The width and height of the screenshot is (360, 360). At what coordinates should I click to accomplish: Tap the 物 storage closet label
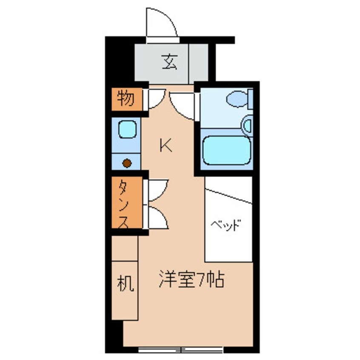click(x=126, y=99)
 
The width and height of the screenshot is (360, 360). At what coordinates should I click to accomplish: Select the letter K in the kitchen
click(x=166, y=146)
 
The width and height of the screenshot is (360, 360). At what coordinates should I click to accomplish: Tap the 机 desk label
click(x=126, y=283)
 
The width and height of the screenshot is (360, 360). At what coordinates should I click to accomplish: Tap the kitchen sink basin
click(x=127, y=129)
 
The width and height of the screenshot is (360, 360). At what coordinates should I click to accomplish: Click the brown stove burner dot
click(x=126, y=162)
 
